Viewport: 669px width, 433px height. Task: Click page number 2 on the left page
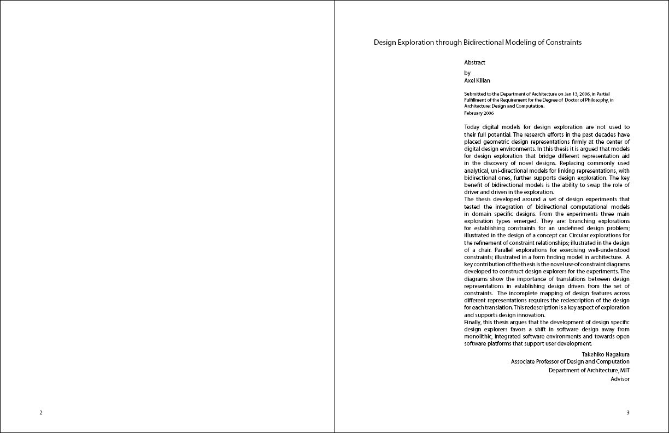click(x=41, y=412)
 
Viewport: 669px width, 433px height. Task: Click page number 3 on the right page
click(x=628, y=412)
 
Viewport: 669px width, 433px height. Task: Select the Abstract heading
click(x=474, y=62)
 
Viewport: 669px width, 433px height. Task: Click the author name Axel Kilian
click(x=478, y=80)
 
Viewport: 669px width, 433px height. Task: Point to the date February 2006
click(x=479, y=113)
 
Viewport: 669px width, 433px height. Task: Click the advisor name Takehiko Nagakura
click(x=605, y=354)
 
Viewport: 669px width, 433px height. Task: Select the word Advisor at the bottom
click(x=620, y=379)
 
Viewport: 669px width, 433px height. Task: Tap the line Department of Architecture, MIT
click(x=589, y=370)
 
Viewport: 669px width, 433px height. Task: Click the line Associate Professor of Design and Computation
click(x=570, y=361)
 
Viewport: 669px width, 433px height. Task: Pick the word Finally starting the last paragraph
click(x=473, y=323)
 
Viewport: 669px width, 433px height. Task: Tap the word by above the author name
click(x=467, y=73)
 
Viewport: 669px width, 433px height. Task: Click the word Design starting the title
click(x=385, y=42)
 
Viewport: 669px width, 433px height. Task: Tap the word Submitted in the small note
click(x=474, y=94)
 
